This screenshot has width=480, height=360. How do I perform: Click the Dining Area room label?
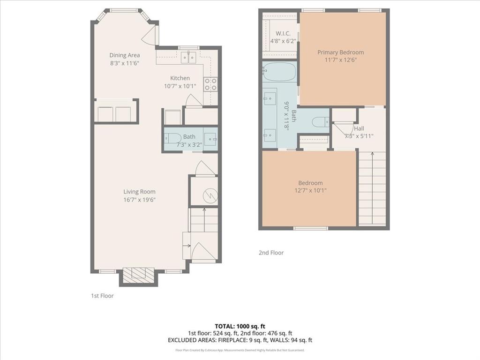(x=124, y=55)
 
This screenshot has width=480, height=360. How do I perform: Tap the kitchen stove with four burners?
(x=210, y=84)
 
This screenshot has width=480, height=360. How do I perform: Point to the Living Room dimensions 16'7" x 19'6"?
(x=139, y=199)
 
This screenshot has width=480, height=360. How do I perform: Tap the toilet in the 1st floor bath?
(x=172, y=138)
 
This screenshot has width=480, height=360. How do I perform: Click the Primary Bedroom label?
(x=340, y=52)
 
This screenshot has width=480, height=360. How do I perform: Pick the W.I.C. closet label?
(x=283, y=33)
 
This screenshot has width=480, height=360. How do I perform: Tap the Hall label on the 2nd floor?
(x=359, y=128)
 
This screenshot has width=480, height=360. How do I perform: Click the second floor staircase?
(x=372, y=187)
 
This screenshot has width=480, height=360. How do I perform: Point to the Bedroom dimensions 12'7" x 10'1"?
(x=310, y=190)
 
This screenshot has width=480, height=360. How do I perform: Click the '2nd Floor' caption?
(x=271, y=253)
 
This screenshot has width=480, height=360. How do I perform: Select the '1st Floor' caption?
(x=102, y=296)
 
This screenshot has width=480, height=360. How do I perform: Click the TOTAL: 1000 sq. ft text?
(x=240, y=326)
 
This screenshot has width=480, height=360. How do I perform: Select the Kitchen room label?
(x=180, y=78)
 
